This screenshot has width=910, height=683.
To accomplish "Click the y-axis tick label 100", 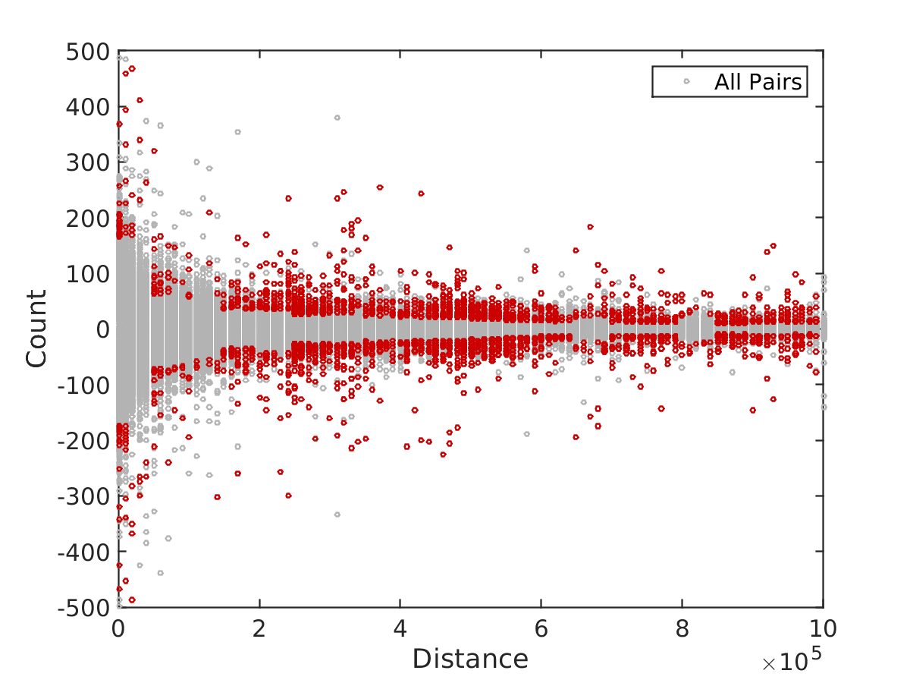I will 87,273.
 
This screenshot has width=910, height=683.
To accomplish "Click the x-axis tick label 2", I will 259,628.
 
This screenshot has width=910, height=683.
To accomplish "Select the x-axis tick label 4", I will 400,628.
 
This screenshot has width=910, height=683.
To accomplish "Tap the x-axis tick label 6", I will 541,628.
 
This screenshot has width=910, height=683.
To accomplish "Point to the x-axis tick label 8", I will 682,628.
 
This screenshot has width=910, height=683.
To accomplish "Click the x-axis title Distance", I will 470,659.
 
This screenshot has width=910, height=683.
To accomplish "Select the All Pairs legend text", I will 758,82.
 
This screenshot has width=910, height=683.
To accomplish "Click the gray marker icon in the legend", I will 687,82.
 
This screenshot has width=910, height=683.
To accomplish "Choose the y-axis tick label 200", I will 87,218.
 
